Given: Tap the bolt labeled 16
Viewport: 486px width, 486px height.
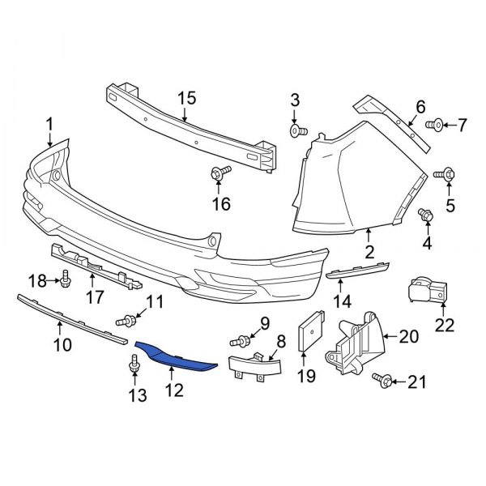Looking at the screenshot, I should pos(220,172).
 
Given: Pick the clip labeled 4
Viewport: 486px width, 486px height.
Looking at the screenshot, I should pos(424,214).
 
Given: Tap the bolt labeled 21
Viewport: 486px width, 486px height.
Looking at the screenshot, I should pos(385,379).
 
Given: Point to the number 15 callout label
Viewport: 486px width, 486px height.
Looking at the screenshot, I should pos(187,98).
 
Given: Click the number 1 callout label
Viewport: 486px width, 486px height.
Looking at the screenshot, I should pos(49,124).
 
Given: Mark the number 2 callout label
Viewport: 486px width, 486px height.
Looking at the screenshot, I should pos(369,252).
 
